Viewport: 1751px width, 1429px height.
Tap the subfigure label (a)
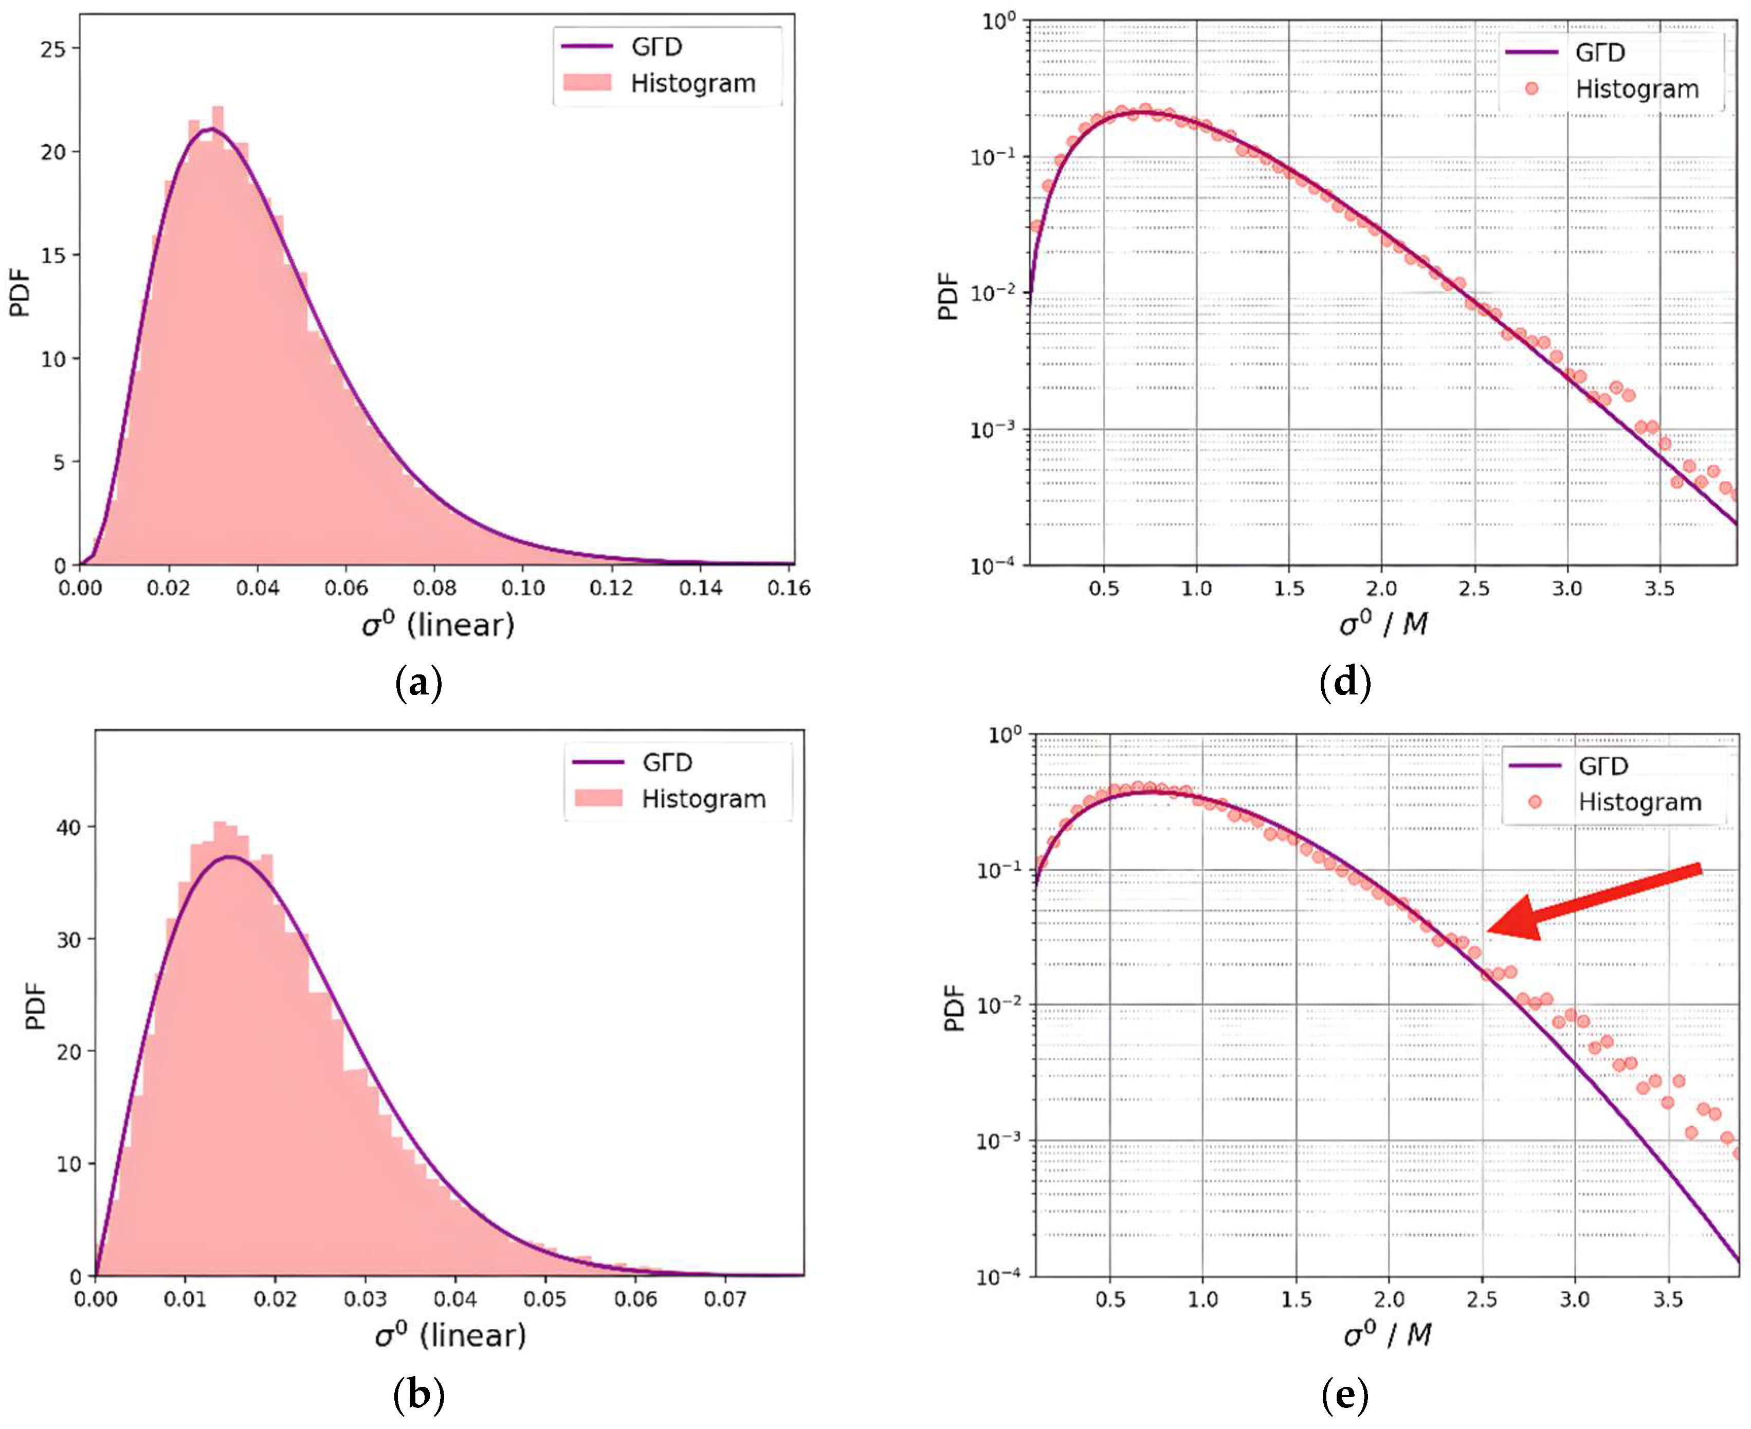coord(419,683)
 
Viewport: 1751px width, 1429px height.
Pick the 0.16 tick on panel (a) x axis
coord(789,588)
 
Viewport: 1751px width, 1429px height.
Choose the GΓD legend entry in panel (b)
coord(667,762)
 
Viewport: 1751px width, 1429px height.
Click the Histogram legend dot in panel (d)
coord(1531,88)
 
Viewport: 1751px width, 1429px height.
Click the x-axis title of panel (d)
coord(1383,624)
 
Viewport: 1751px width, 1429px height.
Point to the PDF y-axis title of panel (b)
coord(34,1006)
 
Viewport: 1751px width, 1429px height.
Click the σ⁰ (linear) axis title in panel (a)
coord(437,625)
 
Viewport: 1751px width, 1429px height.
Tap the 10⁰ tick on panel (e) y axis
coord(1005,734)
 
